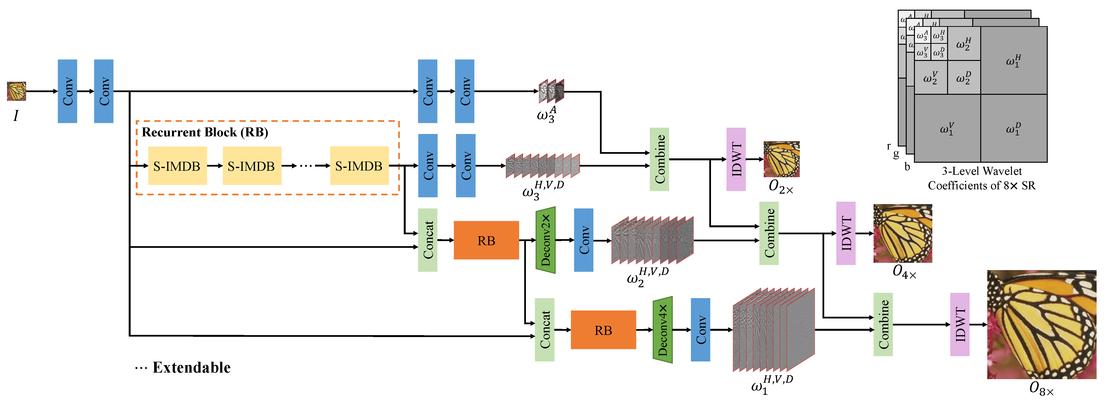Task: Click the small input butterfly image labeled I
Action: coord(16,91)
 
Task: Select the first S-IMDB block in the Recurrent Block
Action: coord(177,166)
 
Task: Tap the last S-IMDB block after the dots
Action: coord(359,166)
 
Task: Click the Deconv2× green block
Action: coord(545,240)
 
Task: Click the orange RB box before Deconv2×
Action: coord(486,240)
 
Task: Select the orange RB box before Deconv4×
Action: coord(603,330)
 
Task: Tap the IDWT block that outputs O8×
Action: coord(959,324)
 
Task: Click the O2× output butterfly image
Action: coord(781,159)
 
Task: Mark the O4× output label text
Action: coord(904,272)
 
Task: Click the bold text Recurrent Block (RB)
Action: coord(205,132)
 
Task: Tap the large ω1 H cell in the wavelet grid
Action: coord(1013,60)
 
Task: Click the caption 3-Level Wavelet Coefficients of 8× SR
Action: coord(981,178)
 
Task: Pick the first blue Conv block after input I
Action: coord(67,91)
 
